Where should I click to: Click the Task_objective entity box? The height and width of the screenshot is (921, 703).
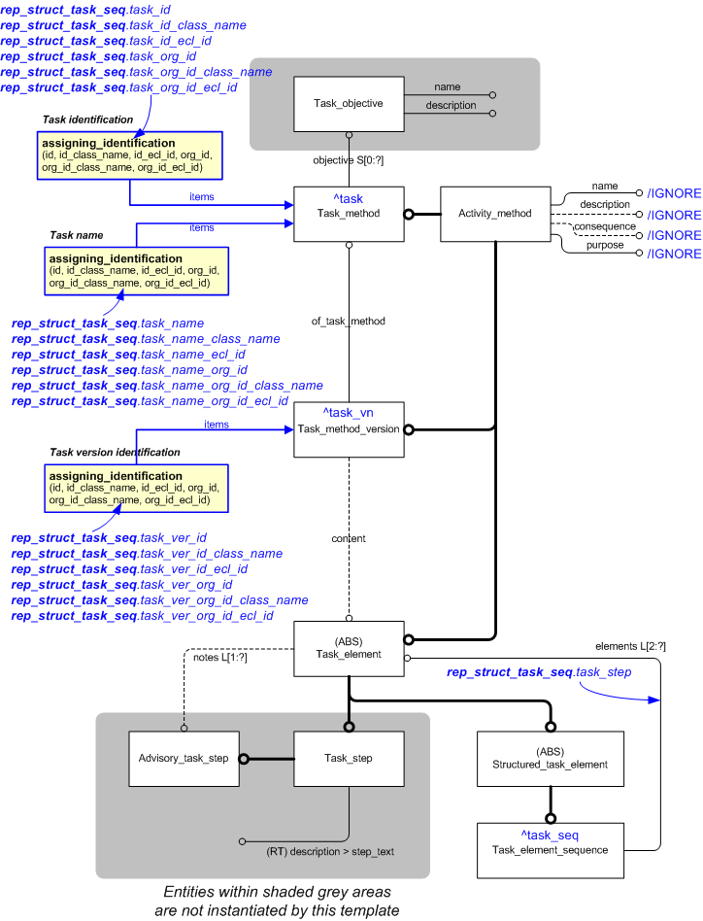tap(349, 103)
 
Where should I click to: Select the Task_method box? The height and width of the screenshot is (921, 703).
tap(349, 214)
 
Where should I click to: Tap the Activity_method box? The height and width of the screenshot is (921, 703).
tap(494, 214)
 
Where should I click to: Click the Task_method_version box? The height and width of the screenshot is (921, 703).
tap(349, 428)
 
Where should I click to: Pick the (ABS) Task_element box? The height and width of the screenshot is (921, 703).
tap(349, 649)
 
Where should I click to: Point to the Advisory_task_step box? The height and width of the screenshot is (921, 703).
tap(184, 759)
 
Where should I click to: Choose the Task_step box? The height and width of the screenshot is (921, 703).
tap(349, 759)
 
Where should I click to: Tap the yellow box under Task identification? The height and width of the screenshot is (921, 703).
tap(131, 155)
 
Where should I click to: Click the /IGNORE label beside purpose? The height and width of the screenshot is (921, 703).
tap(674, 254)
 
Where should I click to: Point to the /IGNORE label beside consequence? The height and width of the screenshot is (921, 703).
tap(674, 235)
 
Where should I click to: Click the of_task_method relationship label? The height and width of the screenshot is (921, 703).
tap(349, 321)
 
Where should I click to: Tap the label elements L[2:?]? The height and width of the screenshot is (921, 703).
tap(629, 646)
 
